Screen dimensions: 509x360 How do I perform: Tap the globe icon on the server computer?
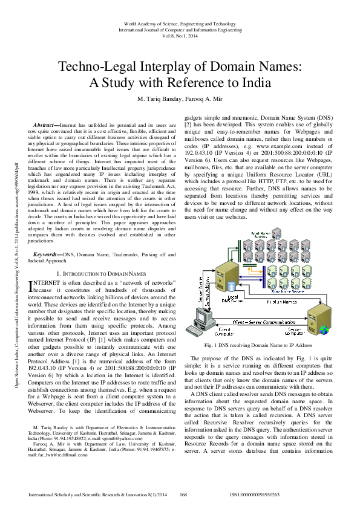coord(324,329)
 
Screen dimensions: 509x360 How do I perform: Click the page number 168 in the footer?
coord(183,494)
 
